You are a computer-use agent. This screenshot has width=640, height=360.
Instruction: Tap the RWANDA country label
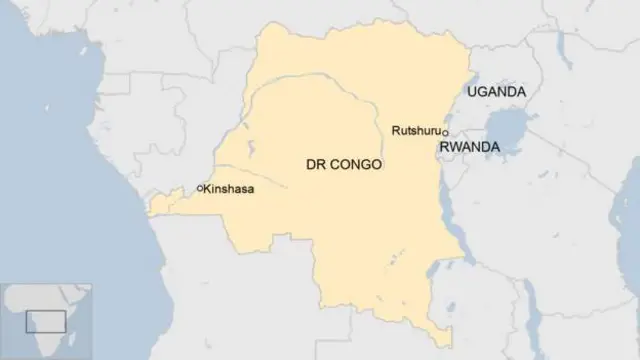pos(469,146)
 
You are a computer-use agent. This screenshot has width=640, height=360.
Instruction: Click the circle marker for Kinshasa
pos(200,188)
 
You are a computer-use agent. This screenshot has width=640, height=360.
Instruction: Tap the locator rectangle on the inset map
pos(45,321)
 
